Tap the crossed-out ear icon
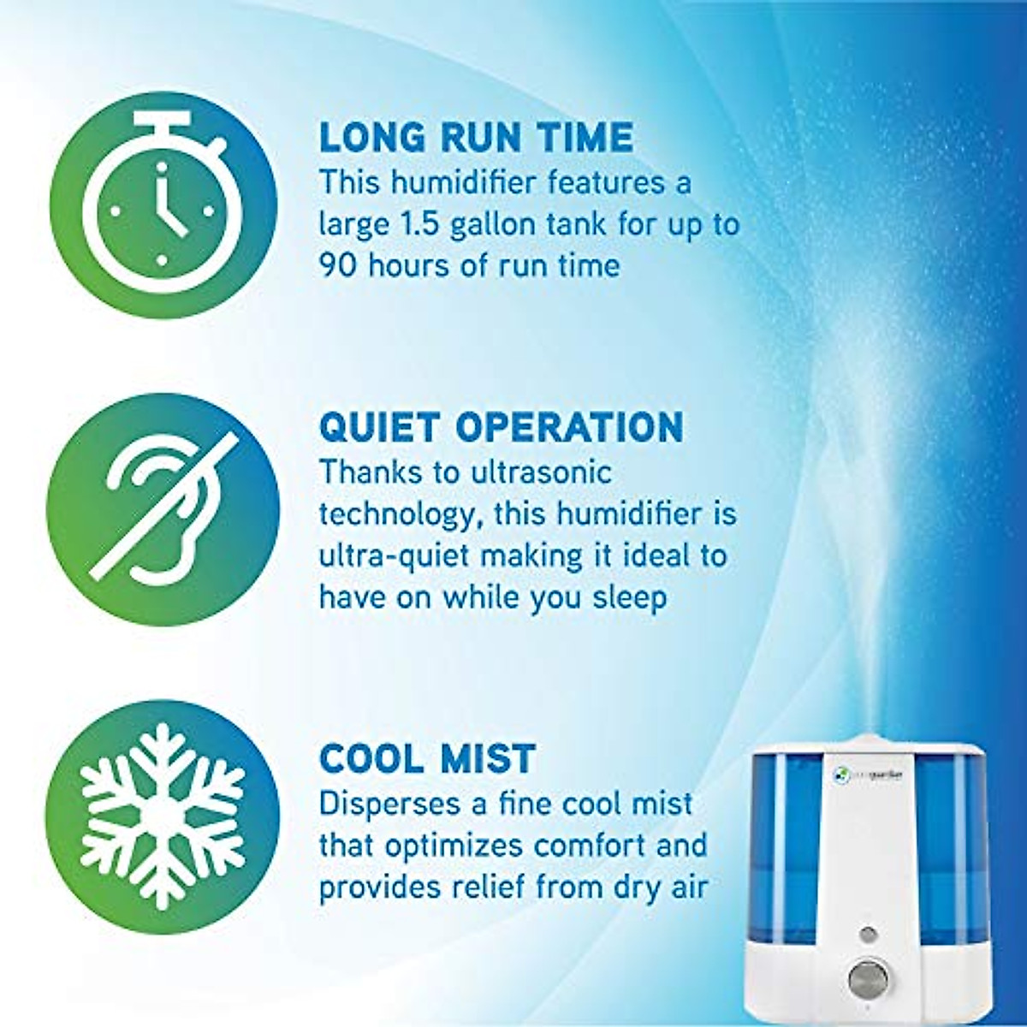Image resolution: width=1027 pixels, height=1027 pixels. tap(163, 509)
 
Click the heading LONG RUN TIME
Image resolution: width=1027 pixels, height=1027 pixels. tap(476, 138)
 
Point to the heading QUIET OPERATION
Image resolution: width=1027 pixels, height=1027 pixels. tap(501, 427)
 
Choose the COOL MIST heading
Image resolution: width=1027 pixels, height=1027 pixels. tap(427, 759)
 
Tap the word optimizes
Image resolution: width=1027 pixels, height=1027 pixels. tap(454, 846)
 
